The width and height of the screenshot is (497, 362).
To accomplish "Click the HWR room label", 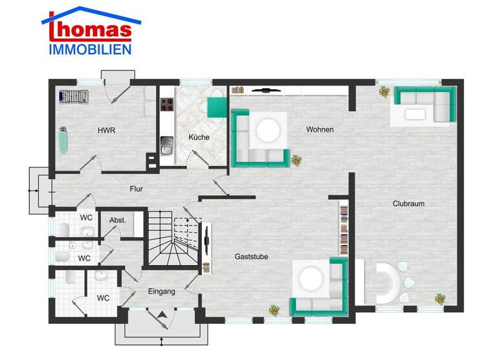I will coord(106,130).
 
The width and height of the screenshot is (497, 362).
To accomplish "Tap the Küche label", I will coord(199,137).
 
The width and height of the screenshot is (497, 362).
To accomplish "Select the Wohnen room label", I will coord(320,130).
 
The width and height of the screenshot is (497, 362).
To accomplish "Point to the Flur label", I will coord(136,189).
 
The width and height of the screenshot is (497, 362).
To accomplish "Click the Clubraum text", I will coord(408,204).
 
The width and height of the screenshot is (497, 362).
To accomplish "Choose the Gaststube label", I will coord(251,257).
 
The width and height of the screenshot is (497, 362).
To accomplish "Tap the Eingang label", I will coord(161,292).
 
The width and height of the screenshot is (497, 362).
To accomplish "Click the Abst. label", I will coord(117,220).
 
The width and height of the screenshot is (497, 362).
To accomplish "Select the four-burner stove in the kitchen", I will coord(166,105).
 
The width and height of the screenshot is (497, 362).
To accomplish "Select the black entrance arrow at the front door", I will coord(162,314).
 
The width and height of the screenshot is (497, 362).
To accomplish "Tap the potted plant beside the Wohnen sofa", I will coord(296,159).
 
